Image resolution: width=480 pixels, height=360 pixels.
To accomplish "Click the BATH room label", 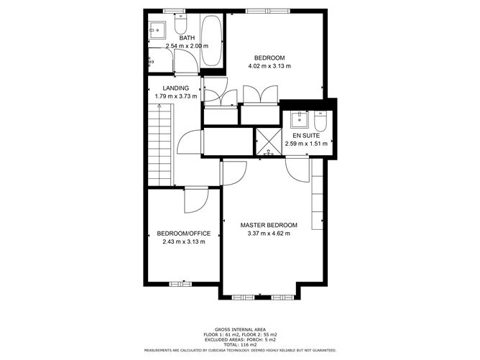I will [x=187, y=38].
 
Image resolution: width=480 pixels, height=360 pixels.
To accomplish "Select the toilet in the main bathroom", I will [x=179, y=19].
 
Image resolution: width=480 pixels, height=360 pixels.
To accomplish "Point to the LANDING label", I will [x=176, y=88].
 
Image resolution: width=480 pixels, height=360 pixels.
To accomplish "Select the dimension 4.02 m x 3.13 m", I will [x=270, y=67].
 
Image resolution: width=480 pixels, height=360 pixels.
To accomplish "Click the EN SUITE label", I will [x=306, y=135].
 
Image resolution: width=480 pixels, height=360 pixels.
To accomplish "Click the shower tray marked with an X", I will [x=269, y=141].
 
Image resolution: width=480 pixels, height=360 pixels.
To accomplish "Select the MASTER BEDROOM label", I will [x=269, y=225].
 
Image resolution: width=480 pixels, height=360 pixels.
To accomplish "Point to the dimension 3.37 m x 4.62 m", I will [x=269, y=234].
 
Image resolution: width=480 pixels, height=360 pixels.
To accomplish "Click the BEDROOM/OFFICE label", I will [x=184, y=233].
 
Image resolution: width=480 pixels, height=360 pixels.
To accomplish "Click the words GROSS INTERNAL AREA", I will [x=239, y=327].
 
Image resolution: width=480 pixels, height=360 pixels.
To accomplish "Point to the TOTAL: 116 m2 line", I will [x=239, y=344].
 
